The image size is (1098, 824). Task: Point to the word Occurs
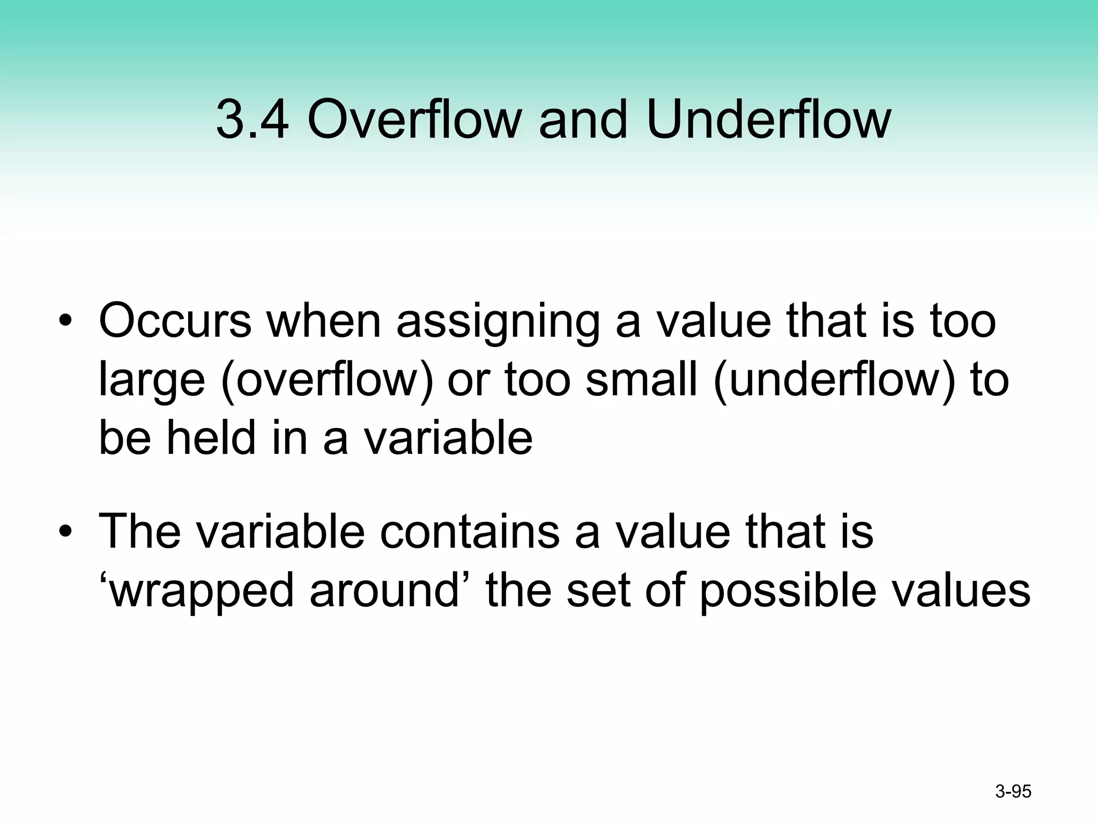175,321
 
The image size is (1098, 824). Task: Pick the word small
641,380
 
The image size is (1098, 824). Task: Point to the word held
211,438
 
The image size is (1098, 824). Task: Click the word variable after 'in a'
448,438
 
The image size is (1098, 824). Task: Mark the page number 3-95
1013,791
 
